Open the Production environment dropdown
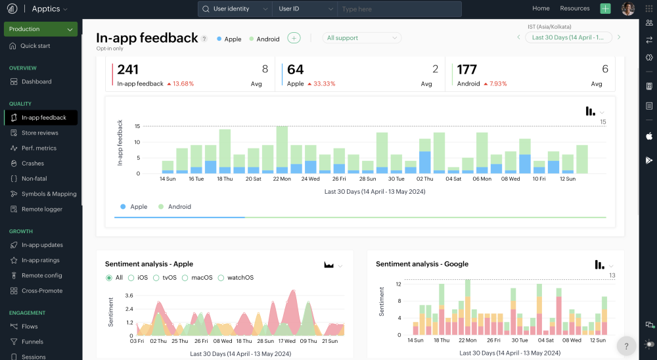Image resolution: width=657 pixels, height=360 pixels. pyautogui.click(x=41, y=29)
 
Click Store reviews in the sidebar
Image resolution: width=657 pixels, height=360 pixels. pyautogui.click(x=40, y=133)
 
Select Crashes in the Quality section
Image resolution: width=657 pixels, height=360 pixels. pyautogui.click(x=33, y=164)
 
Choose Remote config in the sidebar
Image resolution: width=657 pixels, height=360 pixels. pyautogui.click(x=41, y=275)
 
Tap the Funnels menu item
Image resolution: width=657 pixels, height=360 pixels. pyautogui.click(x=32, y=342)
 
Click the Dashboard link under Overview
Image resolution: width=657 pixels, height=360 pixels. pyautogui.click(x=36, y=81)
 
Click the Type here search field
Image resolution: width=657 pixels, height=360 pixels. pyautogui.click(x=399, y=9)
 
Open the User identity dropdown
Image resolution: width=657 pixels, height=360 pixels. pyautogui.click(x=235, y=9)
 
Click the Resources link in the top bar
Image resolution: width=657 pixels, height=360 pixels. pyautogui.click(x=574, y=9)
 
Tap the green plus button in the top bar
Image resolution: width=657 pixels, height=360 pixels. pyautogui.click(x=606, y=9)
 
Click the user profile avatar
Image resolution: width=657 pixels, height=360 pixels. pyautogui.click(x=627, y=9)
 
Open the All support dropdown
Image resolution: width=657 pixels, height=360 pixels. pyautogui.click(x=361, y=37)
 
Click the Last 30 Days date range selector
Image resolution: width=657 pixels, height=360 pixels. pyautogui.click(x=568, y=37)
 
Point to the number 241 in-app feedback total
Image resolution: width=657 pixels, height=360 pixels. pyautogui.click(x=128, y=70)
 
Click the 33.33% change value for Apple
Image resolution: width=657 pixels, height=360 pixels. pyautogui.click(x=325, y=84)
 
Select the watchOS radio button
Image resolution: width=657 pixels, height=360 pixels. pyautogui.click(x=221, y=278)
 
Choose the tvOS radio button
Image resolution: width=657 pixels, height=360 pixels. pyautogui.click(x=156, y=278)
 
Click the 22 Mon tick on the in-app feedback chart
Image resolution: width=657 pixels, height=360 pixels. pyautogui.click(x=282, y=179)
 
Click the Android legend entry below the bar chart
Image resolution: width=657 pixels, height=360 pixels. pyautogui.click(x=175, y=207)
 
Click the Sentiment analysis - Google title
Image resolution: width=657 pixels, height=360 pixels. pyautogui.click(x=422, y=264)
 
